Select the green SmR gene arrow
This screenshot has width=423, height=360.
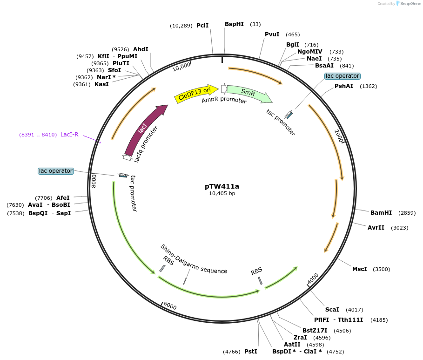[x=248, y=93]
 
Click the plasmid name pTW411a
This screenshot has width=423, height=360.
[x=222, y=186]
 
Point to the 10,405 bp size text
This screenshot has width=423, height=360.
[x=222, y=193]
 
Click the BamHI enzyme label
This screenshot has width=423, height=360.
[x=381, y=213]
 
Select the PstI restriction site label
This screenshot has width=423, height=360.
[x=250, y=352]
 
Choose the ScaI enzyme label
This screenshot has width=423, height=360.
[x=332, y=310]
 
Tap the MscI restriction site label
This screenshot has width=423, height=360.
[x=360, y=269]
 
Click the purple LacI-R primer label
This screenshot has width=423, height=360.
[x=69, y=135]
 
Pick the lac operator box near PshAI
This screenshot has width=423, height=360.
[x=342, y=76]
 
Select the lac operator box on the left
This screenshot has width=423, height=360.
[x=56, y=171]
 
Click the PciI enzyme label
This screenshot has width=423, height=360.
[x=202, y=26]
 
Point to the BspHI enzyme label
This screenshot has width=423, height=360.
[x=234, y=24]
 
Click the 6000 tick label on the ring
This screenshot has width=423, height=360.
[x=170, y=306]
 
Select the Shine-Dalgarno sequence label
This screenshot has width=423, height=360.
[x=194, y=259]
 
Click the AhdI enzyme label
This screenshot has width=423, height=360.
[x=141, y=49]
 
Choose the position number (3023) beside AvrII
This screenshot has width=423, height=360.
[x=400, y=228]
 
